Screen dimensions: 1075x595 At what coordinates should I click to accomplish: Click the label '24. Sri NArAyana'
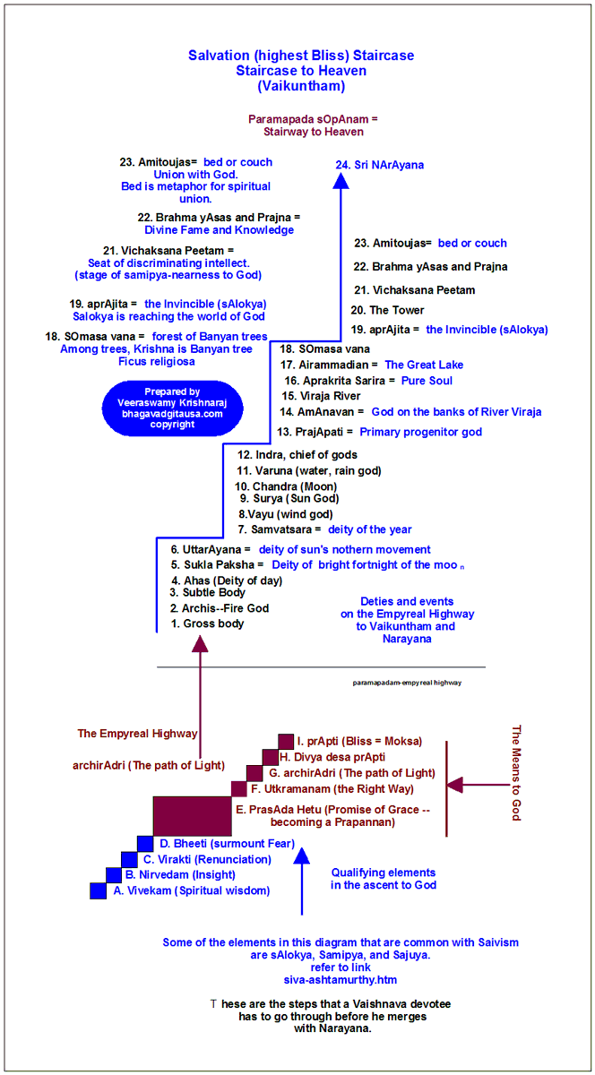[380, 165]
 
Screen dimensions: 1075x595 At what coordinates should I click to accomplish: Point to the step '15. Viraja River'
[321, 395]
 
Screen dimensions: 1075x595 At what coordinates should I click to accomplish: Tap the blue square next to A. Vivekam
[99, 890]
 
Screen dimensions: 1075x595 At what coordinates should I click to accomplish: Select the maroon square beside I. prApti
[286, 741]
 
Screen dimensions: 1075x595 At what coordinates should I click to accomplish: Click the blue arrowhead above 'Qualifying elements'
[302, 856]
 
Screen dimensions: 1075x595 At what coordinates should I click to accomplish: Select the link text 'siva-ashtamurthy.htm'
[341, 979]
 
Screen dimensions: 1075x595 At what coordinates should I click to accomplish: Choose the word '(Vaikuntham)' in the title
[301, 86]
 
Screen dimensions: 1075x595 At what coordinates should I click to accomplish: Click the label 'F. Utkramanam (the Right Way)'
[332, 789]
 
